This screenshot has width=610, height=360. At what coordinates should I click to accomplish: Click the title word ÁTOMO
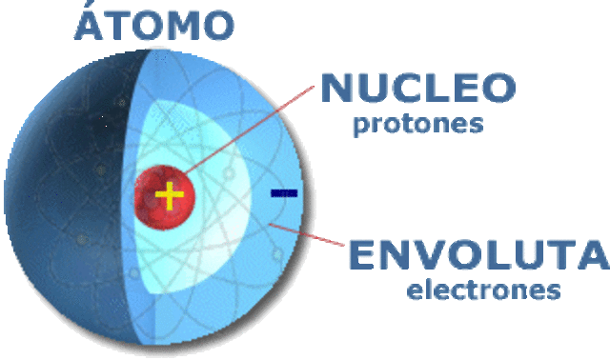pyautogui.click(x=154, y=23)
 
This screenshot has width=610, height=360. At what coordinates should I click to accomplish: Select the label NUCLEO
pyautogui.click(x=418, y=88)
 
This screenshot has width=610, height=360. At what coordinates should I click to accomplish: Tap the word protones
pyautogui.click(x=418, y=125)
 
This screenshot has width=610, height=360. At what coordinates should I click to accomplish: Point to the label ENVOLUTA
pyautogui.click(x=478, y=254)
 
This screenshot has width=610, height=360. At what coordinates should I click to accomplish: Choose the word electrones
pyautogui.click(x=483, y=290)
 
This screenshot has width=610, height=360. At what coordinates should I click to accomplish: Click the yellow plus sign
pyautogui.click(x=170, y=195)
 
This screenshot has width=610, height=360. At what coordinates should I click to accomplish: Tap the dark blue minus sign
pyautogui.click(x=284, y=192)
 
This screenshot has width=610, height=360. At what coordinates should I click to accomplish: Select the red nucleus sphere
pyautogui.click(x=165, y=197)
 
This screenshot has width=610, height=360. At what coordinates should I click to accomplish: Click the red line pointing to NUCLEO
pyautogui.click(x=249, y=130)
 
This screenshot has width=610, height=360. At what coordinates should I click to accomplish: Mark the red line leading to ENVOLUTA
pyautogui.click(x=307, y=234)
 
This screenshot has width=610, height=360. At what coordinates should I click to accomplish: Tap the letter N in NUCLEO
pyautogui.click(x=335, y=88)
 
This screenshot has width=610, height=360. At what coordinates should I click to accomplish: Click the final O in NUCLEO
pyautogui.click(x=499, y=88)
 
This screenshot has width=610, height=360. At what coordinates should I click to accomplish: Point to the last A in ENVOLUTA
pyautogui.click(x=593, y=254)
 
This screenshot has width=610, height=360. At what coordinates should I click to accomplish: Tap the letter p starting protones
pyautogui.click(x=360, y=127)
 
